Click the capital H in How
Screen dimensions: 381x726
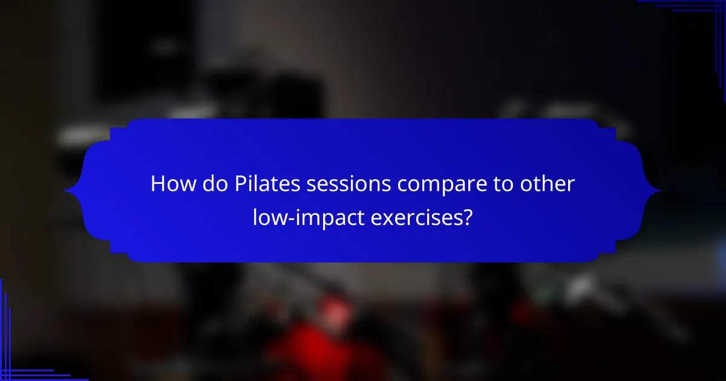(158, 184)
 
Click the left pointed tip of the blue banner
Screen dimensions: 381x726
(66, 190)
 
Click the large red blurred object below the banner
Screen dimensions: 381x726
(315, 351)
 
